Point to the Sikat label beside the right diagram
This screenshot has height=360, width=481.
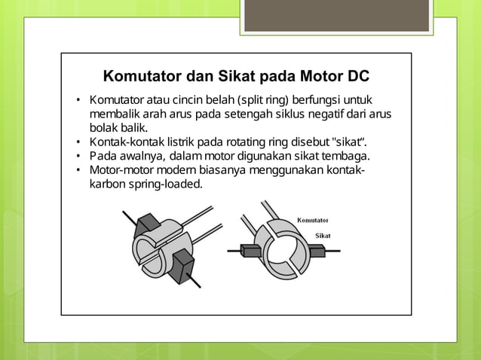[x=323, y=236]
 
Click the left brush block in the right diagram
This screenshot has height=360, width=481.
[x=250, y=251]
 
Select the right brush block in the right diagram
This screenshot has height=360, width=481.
[x=317, y=252]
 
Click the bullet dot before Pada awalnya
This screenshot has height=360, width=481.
[x=78, y=156]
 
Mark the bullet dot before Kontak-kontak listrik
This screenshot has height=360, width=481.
[x=78, y=142]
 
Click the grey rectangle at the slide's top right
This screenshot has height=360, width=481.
[x=336, y=16]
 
